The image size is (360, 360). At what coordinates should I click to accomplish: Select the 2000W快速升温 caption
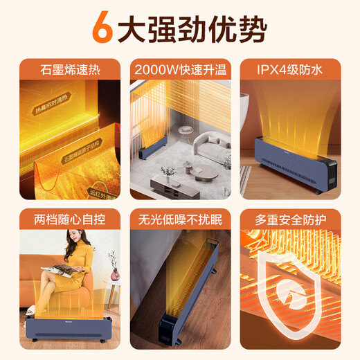(180, 69)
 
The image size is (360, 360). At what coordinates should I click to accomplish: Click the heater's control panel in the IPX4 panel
(331, 166)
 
